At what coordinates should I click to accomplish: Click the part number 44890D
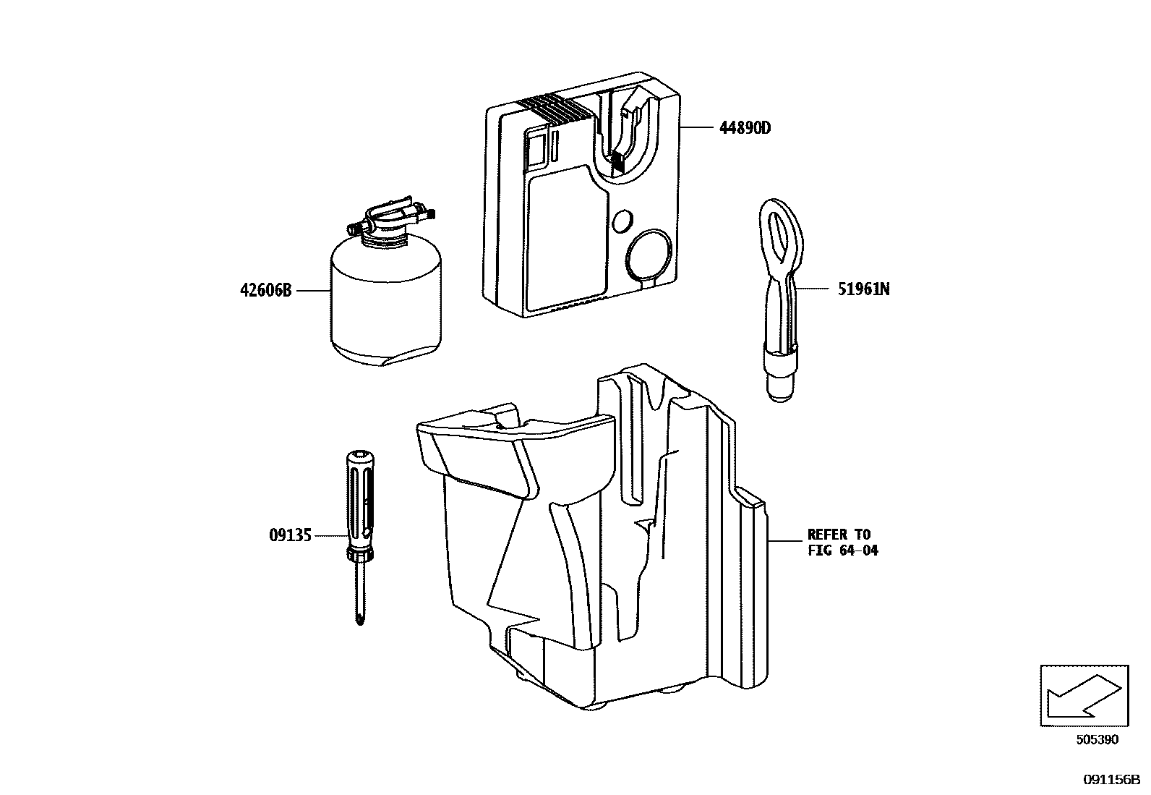pos(745,128)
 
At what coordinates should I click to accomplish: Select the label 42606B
pos(265,291)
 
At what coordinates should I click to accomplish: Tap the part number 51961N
pos(863,289)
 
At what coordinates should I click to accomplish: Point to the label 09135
pos(290,535)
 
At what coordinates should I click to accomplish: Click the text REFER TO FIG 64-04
pos(842,543)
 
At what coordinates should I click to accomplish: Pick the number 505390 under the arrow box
pos(1097,739)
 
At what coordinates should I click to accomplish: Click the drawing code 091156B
pos(1111,779)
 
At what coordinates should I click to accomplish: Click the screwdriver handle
pos(359,499)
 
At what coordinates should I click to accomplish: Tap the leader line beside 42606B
pos(312,291)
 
